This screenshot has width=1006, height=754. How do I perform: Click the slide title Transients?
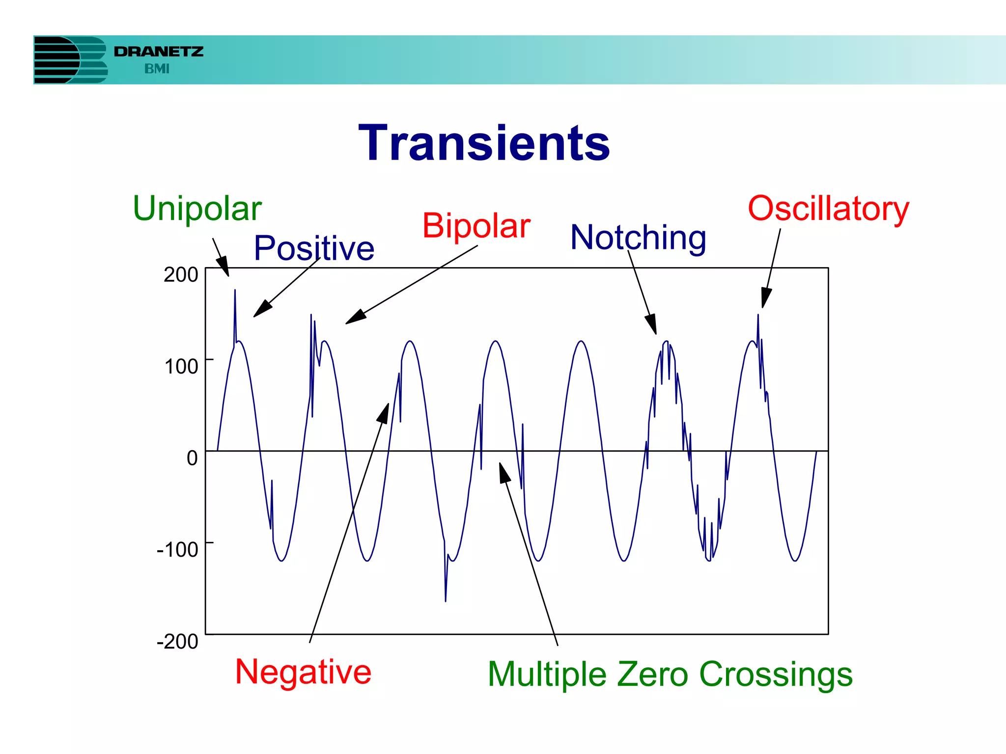click(484, 143)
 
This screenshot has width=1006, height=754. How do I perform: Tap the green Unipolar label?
click(197, 209)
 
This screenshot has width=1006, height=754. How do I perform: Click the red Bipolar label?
click(476, 226)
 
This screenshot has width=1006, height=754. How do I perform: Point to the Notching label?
click(638, 238)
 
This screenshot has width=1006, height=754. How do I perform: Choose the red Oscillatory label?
click(828, 209)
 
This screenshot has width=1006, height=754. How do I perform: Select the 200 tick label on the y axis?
click(181, 274)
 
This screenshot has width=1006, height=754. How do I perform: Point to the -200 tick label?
click(177, 641)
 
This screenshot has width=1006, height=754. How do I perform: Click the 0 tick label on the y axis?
click(192, 458)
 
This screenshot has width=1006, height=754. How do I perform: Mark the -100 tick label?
click(177, 549)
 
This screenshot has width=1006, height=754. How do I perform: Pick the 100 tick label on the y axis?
click(181, 366)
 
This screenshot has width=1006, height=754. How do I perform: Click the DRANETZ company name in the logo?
click(158, 52)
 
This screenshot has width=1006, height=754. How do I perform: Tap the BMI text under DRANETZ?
click(157, 69)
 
